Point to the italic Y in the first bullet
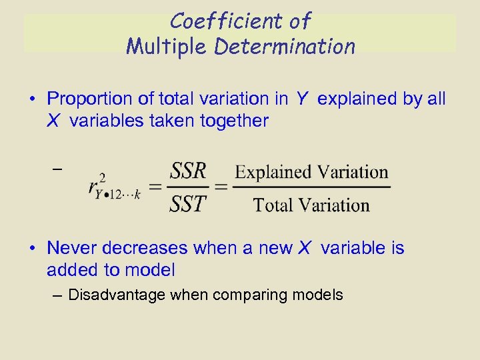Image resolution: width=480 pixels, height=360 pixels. [302, 99]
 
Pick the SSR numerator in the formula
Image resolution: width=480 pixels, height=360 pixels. [189, 172]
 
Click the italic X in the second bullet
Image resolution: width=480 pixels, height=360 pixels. [304, 249]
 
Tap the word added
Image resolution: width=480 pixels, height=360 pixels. [70, 270]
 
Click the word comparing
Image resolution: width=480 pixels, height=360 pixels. [257, 295]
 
